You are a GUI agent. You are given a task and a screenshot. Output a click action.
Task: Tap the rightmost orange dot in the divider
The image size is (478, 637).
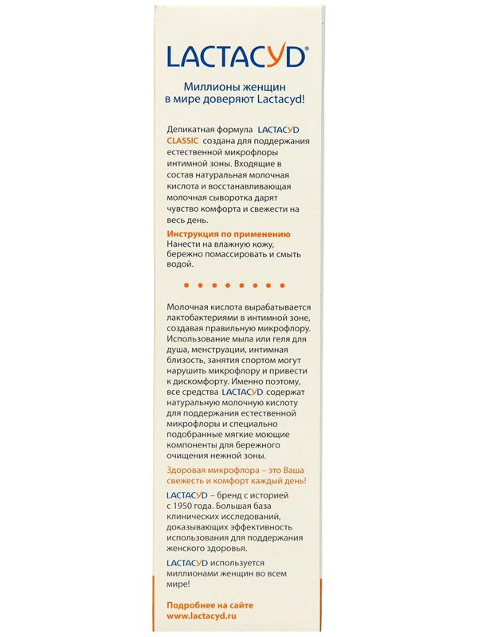pyautogui.click(x=292, y=284)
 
